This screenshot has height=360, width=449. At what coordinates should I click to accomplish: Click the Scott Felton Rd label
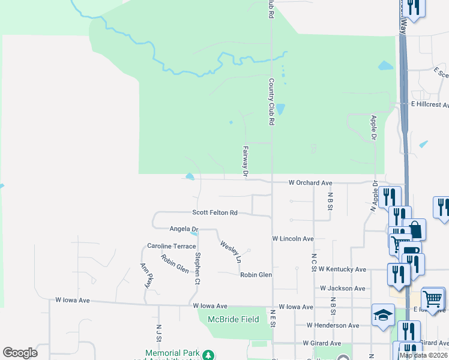[215, 212]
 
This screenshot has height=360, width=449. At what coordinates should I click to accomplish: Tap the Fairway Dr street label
[246, 161]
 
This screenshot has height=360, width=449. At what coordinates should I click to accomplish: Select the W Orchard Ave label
[310, 182]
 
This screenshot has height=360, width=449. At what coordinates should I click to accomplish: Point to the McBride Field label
[233, 319]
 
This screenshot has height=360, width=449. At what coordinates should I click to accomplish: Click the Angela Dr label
[184, 229]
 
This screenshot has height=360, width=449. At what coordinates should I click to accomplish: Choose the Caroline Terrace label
[172, 246]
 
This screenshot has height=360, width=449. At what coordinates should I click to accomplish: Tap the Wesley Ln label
[231, 252]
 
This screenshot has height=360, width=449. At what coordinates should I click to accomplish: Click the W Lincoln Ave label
[293, 238]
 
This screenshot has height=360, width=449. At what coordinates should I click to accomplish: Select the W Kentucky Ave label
[342, 269]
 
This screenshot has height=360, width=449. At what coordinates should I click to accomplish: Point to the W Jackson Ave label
[342, 288]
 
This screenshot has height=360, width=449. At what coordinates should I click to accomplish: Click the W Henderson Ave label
[332, 325]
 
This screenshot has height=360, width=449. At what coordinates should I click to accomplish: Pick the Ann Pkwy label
[145, 275]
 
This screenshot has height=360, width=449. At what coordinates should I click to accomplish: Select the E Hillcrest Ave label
[429, 104]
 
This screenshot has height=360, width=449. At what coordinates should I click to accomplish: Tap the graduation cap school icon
[383, 315]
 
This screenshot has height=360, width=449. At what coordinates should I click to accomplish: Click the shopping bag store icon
[414, 229]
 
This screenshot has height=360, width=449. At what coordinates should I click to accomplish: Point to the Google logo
[20, 353]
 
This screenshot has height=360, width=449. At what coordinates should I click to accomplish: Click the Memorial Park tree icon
[208, 355]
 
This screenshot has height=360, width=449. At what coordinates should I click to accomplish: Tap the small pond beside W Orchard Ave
[190, 176]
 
